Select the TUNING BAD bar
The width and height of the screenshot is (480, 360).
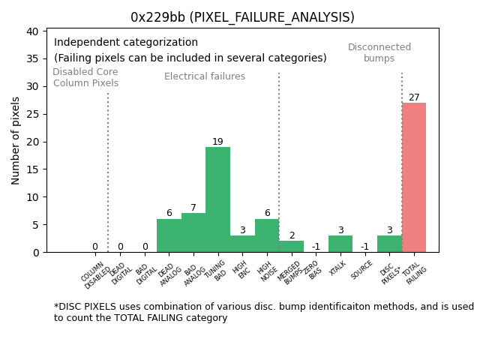(x=217, y=199)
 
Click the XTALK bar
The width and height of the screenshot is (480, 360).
(x=340, y=244)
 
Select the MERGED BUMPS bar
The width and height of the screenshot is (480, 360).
(x=291, y=247)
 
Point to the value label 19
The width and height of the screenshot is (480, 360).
(x=217, y=142)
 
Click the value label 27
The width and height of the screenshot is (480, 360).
(x=414, y=97)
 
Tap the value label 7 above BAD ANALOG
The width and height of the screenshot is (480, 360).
(x=193, y=208)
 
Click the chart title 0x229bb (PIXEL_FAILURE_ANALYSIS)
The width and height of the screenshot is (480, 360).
(x=242, y=17)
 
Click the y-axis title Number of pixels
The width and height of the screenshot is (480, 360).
(x=16, y=140)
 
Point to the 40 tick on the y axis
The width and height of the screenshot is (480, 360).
(x=34, y=31)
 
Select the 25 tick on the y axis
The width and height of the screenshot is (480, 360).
(x=34, y=114)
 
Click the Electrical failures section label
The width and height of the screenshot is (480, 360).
(x=205, y=76)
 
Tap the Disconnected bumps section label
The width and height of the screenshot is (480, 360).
(x=379, y=52)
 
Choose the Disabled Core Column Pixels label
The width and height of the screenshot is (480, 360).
(x=85, y=77)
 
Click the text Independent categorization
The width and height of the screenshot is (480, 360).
(x=126, y=43)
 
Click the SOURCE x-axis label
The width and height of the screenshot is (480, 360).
(x=362, y=269)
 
